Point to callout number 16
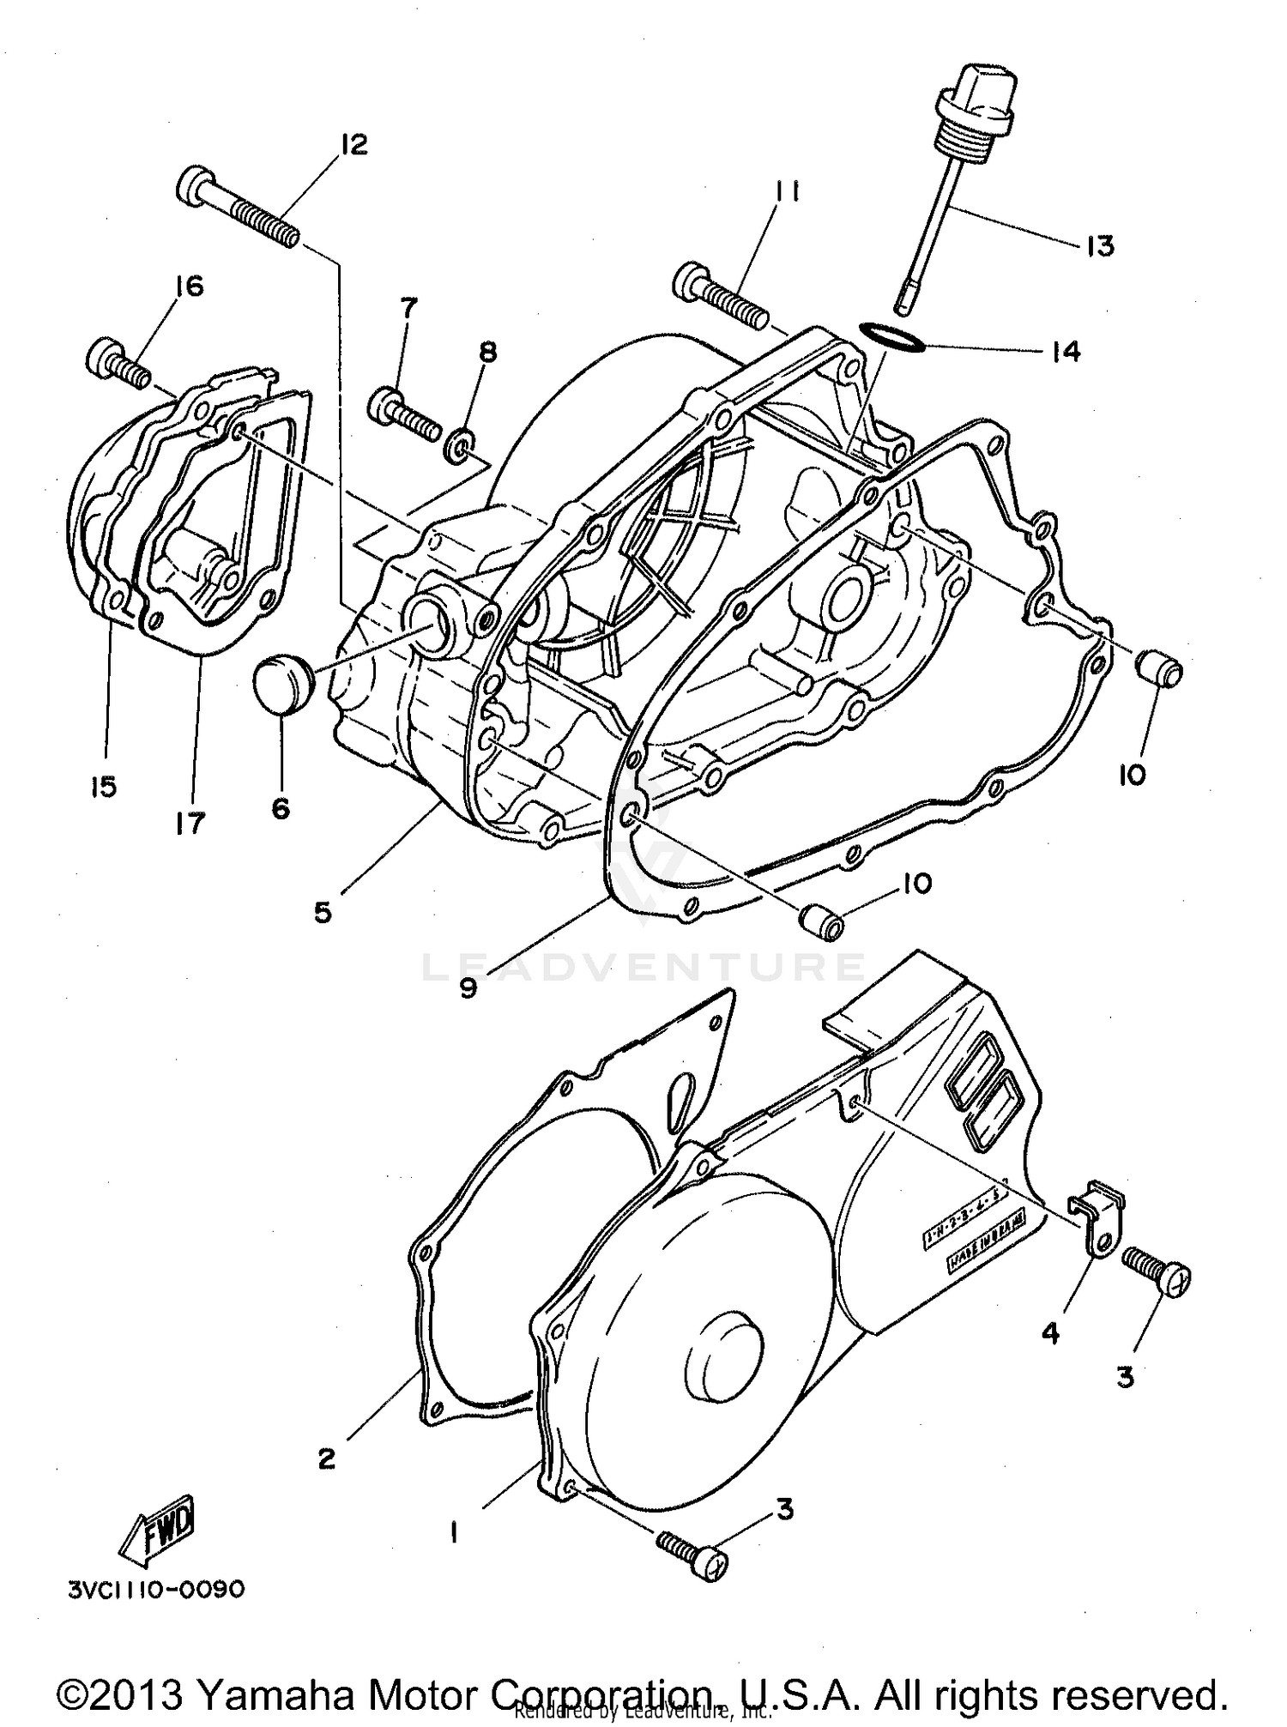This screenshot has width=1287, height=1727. coord(190,286)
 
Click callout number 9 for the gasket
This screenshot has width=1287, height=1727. coord(467,988)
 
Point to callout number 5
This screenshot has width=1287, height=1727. coord(322,912)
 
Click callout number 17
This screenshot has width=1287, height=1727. coord(190,823)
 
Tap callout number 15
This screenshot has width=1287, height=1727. coord(103,786)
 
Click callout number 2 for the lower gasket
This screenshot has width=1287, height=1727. coord(327,1458)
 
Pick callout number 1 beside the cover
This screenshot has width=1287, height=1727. coord(454,1532)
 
